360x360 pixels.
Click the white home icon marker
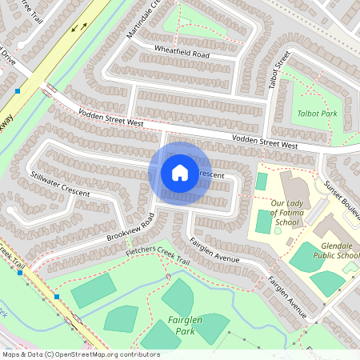(180, 173)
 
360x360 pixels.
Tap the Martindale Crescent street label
(143, 20)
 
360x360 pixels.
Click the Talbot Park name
(318, 114)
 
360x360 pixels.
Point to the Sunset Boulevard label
(342, 194)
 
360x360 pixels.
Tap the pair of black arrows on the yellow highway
(79, 26)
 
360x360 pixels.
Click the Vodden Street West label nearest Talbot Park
(265, 143)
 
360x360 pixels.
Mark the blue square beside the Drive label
(17, 91)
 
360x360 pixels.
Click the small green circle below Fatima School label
(278, 230)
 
